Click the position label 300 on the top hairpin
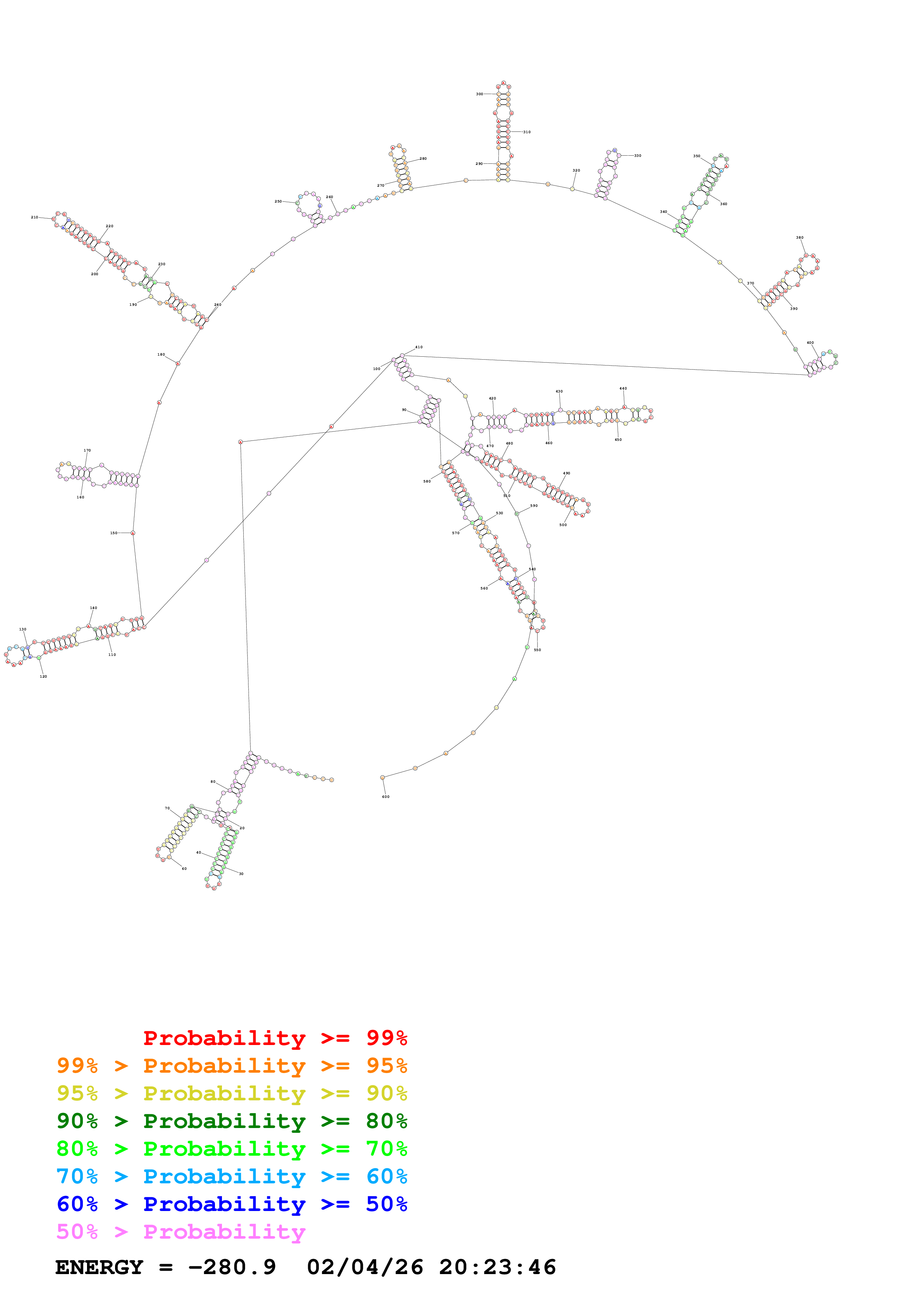479,94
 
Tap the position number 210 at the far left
34,217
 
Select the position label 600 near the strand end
386,796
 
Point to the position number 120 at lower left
44,676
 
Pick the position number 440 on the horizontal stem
623,388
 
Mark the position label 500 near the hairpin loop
563,525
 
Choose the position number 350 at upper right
696,156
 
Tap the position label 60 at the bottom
184,868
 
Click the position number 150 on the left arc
114,533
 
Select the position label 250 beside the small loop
278,201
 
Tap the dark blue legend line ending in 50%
232,1204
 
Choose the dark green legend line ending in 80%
232,1121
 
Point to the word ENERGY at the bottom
99,1267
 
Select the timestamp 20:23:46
497,1267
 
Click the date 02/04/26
365,1267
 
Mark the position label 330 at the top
637,156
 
